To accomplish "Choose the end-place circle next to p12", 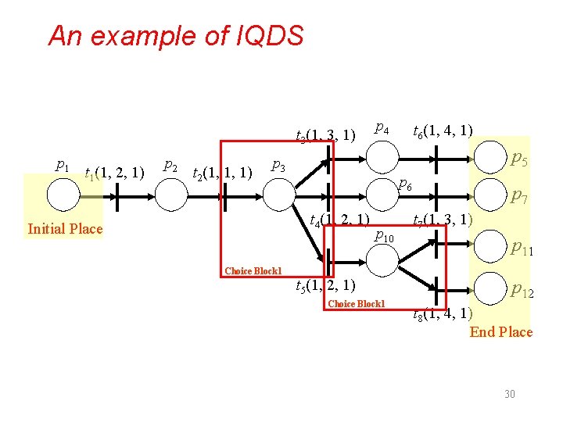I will click(x=489, y=288).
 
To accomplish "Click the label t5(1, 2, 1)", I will click(x=326, y=284).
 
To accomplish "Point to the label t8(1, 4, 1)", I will click(x=443, y=314).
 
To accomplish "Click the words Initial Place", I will click(x=65, y=229).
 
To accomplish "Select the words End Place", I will click(x=501, y=331).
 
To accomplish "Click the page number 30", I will click(x=509, y=394).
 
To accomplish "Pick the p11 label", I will click(x=522, y=249).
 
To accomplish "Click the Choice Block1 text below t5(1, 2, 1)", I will click(x=357, y=303).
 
